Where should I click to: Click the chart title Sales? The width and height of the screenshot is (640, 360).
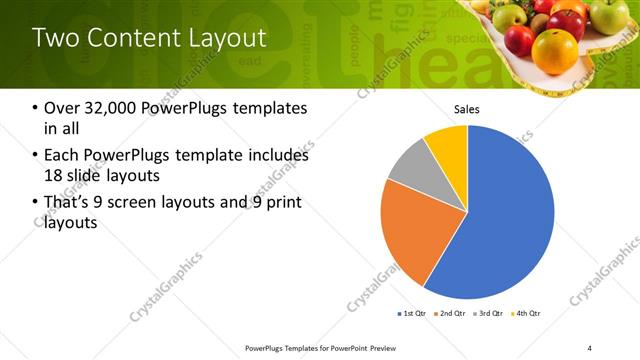coord(467,108)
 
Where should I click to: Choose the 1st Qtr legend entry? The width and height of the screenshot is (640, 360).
coord(412,314)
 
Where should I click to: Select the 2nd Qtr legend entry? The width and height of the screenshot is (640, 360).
coord(452,314)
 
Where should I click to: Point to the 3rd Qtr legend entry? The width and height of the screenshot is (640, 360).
coord(490,314)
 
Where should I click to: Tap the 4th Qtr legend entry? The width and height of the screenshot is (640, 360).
coord(528,314)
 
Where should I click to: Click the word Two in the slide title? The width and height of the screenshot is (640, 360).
coord(52,38)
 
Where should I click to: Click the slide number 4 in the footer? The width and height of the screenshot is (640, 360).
coord(589,347)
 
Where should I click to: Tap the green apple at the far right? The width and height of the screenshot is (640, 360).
coord(608,15)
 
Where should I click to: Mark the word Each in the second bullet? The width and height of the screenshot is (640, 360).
coord(62,156)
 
